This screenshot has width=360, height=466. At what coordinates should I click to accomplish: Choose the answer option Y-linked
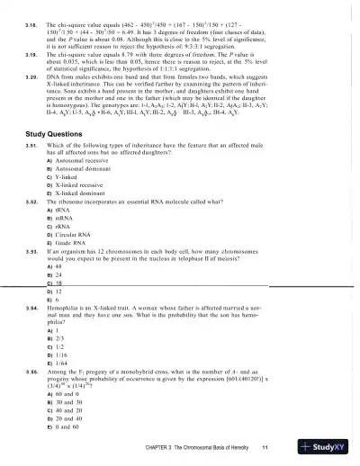69,210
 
